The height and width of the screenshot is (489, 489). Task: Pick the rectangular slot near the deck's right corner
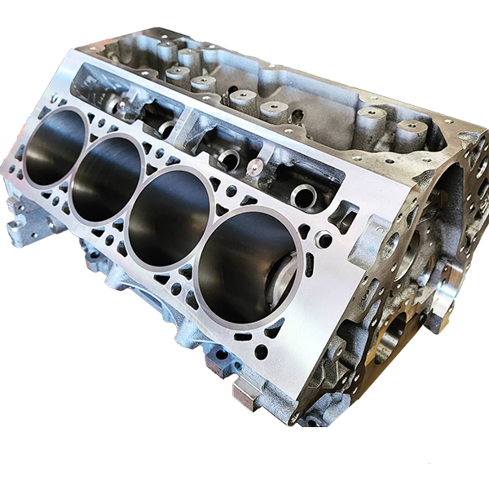pyautogui.click(x=346, y=214)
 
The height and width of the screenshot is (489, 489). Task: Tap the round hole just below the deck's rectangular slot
pyautogui.click(x=324, y=238)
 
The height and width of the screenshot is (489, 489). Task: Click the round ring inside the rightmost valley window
pyautogui.click(x=304, y=194)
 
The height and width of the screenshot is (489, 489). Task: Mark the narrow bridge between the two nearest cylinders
pyautogui.click(x=196, y=241)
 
